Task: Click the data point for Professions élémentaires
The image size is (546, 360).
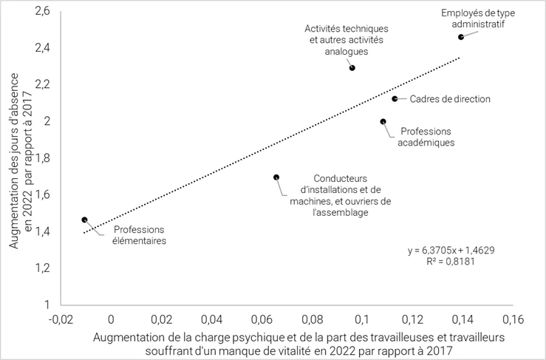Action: coord(85,220)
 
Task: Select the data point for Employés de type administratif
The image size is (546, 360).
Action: coord(461,36)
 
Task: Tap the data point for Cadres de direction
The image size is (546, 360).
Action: coord(395,98)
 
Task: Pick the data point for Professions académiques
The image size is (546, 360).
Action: coord(383,121)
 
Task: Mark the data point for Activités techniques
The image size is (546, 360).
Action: coord(352,68)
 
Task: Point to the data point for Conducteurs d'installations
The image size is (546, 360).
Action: coord(276,177)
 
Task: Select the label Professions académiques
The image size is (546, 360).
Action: coord(427,137)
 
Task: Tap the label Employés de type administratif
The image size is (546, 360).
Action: coord(479,18)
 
